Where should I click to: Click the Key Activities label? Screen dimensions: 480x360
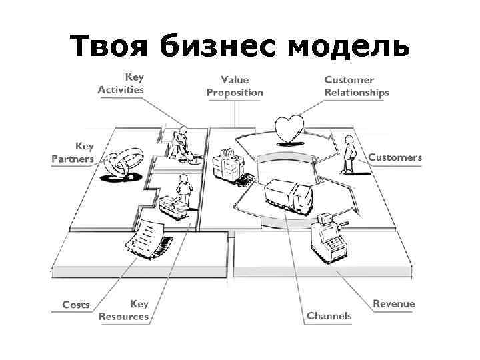(x=121, y=83)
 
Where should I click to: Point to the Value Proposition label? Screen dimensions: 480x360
(x=235, y=86)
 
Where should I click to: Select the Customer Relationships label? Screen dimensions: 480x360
(x=357, y=86)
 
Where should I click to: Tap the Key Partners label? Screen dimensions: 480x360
(x=73, y=152)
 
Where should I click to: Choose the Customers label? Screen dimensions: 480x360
(x=395, y=157)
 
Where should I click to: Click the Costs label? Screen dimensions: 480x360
(x=76, y=304)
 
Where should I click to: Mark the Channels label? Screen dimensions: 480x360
(x=329, y=315)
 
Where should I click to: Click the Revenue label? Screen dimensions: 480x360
(x=393, y=303)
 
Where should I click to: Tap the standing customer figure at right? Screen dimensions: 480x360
(x=348, y=154)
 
